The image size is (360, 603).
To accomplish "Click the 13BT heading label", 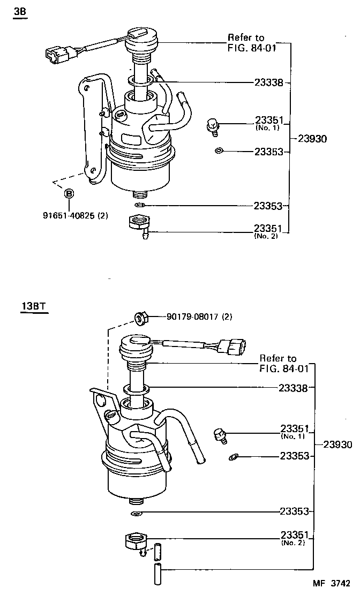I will click(x=33, y=307).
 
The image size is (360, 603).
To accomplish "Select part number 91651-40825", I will click(x=76, y=216).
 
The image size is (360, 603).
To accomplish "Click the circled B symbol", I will click(x=69, y=193).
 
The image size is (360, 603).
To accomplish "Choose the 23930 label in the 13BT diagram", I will click(x=337, y=444).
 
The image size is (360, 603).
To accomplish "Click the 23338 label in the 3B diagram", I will click(x=268, y=82).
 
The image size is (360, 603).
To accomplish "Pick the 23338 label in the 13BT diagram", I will click(x=293, y=388).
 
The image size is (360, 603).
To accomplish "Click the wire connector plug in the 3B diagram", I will click(x=57, y=53).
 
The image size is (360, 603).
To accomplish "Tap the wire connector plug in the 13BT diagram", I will click(x=233, y=348).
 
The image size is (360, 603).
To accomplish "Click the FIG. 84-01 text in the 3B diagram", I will click(x=246, y=47).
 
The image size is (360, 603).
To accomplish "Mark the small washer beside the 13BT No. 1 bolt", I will click(x=233, y=457).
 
